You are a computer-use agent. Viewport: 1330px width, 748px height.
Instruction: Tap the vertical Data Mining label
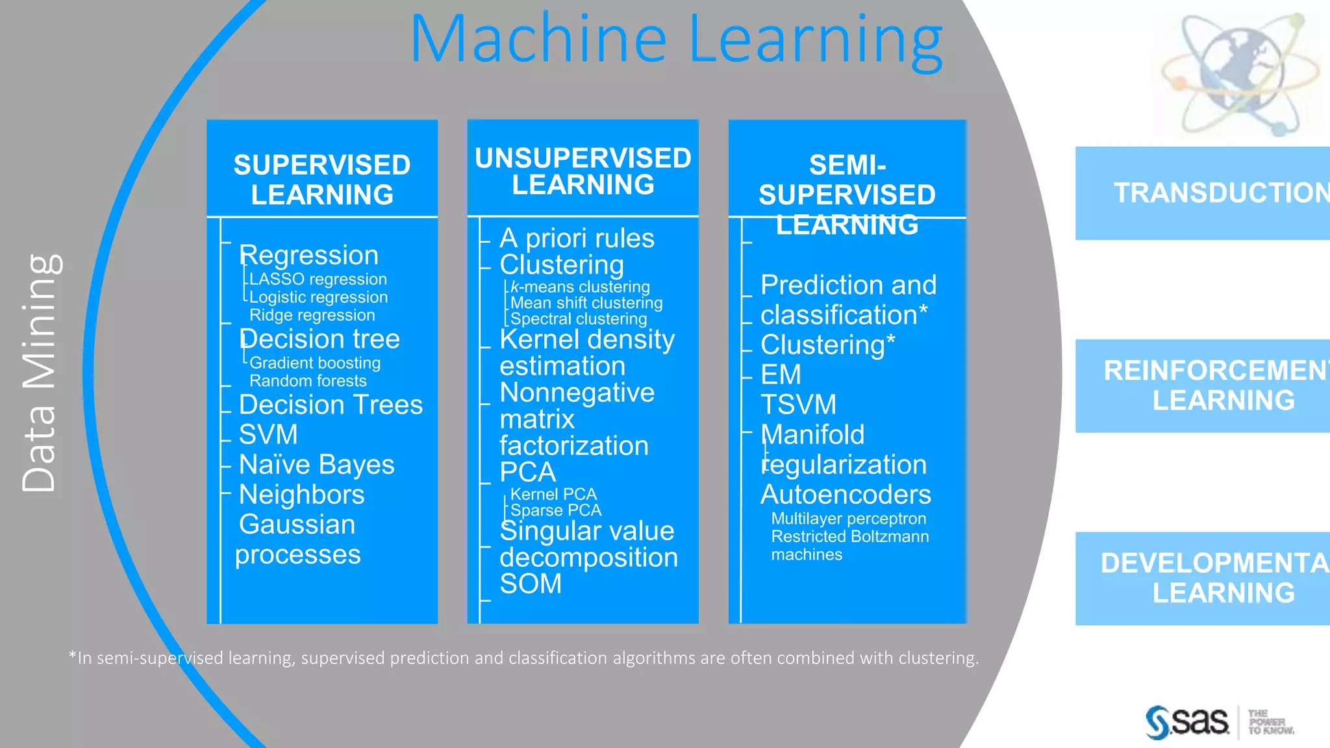tap(40, 373)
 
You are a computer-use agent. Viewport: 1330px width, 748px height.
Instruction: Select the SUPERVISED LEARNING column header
tap(322, 179)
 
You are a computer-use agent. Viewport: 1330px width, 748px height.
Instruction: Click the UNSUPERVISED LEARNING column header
tap(583, 171)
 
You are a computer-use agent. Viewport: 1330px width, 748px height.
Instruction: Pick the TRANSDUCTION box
tap(1208, 193)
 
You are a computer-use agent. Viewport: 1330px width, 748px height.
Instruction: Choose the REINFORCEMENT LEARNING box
tap(1208, 385)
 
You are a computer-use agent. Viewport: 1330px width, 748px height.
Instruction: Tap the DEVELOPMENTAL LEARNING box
tap(1208, 578)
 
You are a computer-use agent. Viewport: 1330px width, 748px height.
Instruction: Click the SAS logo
tap(1188, 722)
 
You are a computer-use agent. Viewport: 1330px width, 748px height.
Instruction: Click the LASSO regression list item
tap(318, 279)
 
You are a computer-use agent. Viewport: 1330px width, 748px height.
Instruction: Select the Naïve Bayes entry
tap(316, 465)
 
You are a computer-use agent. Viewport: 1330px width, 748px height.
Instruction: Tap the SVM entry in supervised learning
tap(268, 434)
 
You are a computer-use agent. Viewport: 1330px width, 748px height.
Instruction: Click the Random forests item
tap(308, 381)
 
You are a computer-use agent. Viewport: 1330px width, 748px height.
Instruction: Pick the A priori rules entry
tap(577, 238)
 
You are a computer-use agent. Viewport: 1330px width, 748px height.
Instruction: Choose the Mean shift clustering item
tap(586, 303)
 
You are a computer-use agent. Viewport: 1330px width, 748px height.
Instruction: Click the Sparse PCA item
tap(556, 510)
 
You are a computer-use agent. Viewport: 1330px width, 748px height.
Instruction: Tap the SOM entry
tap(531, 584)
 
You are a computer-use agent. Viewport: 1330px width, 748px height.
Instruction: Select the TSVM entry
tap(798, 405)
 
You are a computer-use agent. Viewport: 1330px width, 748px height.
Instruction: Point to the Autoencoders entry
tap(846, 495)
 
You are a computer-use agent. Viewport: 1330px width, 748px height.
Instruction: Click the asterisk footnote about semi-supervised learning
tap(523, 658)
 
